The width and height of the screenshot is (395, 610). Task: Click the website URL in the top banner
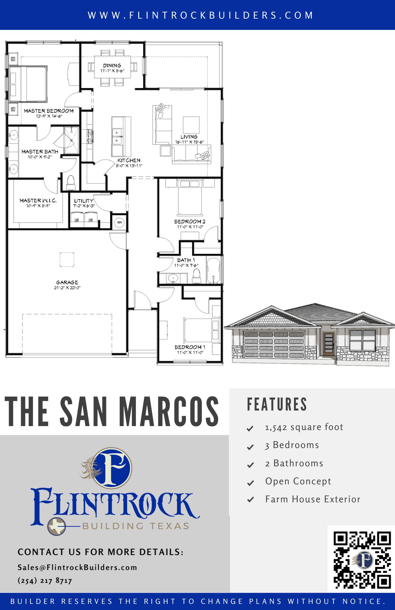(x=201, y=15)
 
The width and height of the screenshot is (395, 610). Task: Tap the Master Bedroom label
(x=49, y=111)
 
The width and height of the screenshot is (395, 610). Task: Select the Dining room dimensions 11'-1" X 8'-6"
(x=112, y=71)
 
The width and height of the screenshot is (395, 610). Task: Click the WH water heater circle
(x=119, y=222)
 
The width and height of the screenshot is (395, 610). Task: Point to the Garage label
(x=67, y=282)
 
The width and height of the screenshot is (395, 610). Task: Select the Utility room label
(x=84, y=201)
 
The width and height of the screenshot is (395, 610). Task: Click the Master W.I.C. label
(x=38, y=200)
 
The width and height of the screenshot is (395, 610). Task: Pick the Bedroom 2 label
(x=190, y=222)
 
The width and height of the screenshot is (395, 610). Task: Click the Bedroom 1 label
(x=190, y=347)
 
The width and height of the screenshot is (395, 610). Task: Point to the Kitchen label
(x=129, y=160)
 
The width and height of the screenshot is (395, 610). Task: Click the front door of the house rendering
(x=329, y=344)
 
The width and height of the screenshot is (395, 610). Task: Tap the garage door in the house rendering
(x=274, y=344)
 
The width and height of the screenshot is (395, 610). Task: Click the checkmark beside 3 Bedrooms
(x=250, y=447)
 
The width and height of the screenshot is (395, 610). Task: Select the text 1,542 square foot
(x=304, y=427)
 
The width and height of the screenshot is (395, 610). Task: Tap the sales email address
(x=78, y=567)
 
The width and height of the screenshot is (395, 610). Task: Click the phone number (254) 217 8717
(x=45, y=580)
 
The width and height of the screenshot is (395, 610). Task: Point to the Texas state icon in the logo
(x=57, y=526)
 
